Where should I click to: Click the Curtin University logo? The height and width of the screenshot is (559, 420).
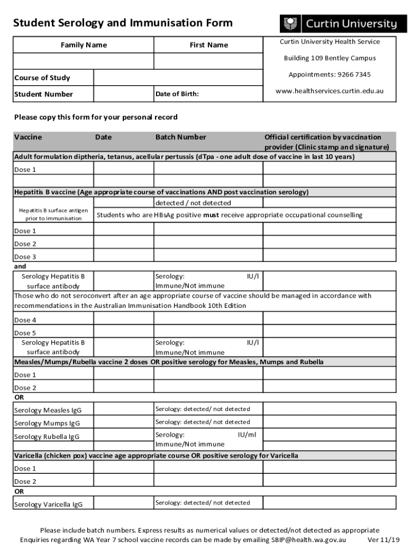point(343,24)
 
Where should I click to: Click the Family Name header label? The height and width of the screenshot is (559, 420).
point(83,45)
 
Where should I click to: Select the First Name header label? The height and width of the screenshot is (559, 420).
point(209,45)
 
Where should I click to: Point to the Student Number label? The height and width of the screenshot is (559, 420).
point(44,94)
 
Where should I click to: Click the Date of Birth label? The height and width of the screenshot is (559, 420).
point(177,94)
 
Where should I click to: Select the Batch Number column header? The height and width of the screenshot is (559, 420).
point(181,138)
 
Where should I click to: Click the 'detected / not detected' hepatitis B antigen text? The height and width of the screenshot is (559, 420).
point(193,203)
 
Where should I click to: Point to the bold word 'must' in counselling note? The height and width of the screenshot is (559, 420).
point(211,215)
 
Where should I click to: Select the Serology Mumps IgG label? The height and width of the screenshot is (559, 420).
point(47,424)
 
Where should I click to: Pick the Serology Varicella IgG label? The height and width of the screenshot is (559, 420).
point(48,504)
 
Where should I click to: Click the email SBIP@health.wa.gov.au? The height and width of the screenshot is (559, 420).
point(309,540)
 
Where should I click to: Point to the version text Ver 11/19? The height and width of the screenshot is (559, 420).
point(384,540)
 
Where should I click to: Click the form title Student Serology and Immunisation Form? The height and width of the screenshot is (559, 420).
point(123,23)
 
